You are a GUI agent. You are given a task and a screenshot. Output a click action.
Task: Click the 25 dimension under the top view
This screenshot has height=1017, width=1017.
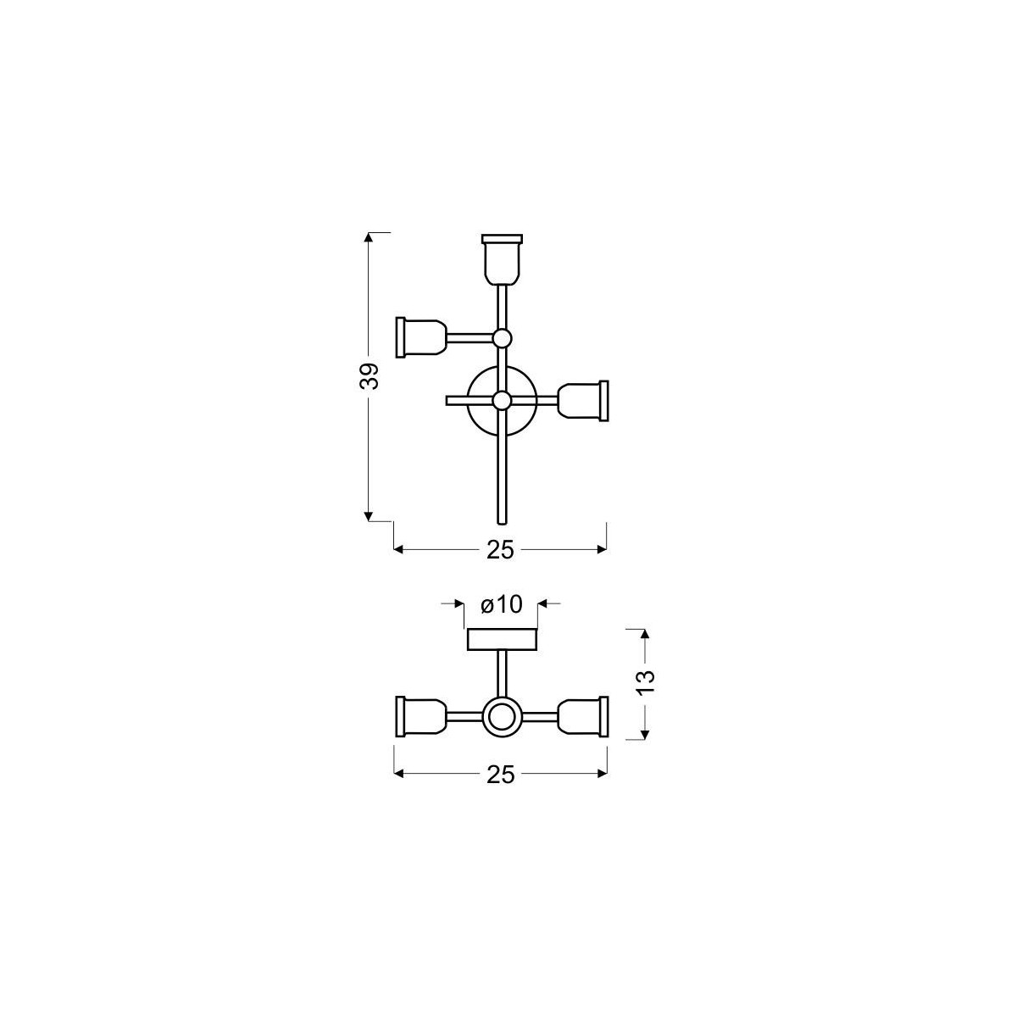[x=501, y=550]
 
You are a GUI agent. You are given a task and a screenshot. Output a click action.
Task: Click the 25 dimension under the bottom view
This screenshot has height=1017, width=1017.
[x=501, y=774]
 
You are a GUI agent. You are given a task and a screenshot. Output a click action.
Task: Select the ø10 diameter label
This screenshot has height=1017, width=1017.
[x=501, y=603]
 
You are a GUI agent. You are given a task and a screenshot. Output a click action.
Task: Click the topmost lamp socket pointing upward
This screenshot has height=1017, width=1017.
[x=502, y=258]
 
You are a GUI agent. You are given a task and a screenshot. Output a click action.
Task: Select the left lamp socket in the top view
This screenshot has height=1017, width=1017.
[x=421, y=336]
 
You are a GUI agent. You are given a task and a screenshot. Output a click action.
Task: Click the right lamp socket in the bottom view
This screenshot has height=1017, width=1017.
[x=584, y=716]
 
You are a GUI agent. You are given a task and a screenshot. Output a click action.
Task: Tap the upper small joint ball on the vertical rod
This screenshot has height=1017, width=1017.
[x=502, y=338]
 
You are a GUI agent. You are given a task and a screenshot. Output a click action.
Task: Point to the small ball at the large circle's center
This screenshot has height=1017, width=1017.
[x=502, y=400]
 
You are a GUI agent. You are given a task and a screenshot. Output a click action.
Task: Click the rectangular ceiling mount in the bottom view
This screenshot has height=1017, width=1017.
[x=502, y=639]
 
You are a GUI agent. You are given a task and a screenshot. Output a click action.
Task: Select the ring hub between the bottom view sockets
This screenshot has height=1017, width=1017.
[x=502, y=717]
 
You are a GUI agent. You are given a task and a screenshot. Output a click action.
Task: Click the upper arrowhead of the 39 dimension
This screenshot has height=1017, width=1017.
[x=369, y=237]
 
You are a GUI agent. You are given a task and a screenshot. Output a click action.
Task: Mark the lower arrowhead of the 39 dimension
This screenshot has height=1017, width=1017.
[x=369, y=514]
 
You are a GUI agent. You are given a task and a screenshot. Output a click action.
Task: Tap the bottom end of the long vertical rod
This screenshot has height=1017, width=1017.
[x=502, y=519]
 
